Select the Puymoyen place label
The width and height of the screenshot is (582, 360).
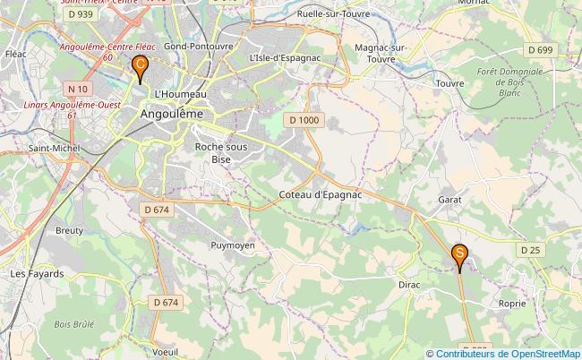233,244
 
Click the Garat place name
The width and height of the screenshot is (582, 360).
450,200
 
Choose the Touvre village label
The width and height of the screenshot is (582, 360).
449,83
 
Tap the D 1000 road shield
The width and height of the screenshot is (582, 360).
304,119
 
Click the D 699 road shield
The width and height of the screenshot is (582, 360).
540,48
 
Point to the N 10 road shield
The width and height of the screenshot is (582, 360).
78,89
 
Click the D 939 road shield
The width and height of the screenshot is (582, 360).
79,15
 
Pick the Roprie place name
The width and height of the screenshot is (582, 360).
511,304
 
